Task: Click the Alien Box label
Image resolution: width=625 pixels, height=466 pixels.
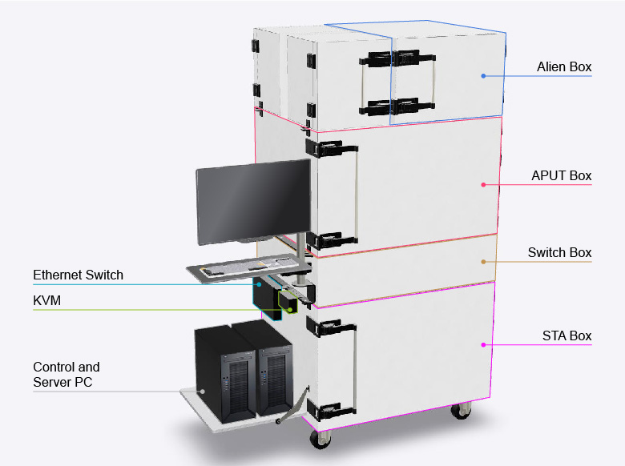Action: (x=564, y=67)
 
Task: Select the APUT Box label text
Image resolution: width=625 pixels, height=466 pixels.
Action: (x=561, y=176)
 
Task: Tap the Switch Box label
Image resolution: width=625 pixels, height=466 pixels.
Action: (x=559, y=253)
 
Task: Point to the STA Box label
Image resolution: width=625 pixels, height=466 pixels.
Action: (x=567, y=335)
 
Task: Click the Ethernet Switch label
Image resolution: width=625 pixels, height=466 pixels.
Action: (x=79, y=275)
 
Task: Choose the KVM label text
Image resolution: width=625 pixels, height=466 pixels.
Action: (x=46, y=300)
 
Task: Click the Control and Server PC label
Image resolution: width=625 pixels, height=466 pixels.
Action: (x=67, y=375)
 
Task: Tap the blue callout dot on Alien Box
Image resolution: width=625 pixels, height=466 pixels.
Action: (x=483, y=76)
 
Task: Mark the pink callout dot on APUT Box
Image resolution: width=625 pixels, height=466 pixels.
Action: (x=483, y=185)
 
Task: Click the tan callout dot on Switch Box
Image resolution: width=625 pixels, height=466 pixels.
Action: (x=483, y=262)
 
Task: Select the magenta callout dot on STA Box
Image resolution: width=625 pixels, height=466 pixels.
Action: (x=483, y=345)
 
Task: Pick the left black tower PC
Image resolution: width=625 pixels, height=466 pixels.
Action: (x=224, y=372)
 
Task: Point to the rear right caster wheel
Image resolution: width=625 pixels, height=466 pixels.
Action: (x=460, y=411)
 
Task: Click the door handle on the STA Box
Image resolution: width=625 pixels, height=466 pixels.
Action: (x=353, y=368)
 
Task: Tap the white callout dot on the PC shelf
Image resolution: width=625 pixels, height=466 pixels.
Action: (x=202, y=392)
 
